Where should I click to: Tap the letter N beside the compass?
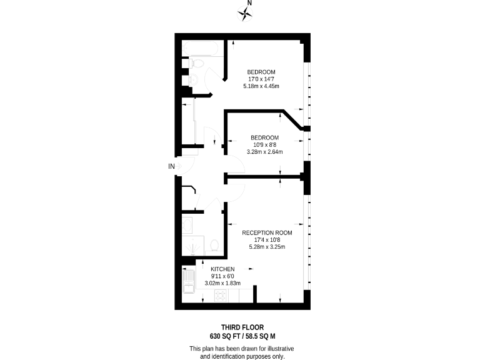(x=250, y=3)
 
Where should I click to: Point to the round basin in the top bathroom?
(x=193, y=79)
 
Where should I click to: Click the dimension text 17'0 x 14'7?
(x=261, y=79)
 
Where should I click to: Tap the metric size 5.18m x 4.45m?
(x=261, y=86)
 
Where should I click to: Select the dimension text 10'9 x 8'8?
(x=264, y=144)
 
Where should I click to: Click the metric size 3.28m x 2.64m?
(x=264, y=152)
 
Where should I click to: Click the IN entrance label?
(x=171, y=166)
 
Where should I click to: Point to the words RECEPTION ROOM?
(x=267, y=232)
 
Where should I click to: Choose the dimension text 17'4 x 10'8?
(x=267, y=239)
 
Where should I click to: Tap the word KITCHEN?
(x=222, y=269)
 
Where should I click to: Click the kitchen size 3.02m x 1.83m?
(x=222, y=283)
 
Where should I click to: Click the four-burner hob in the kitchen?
(x=222, y=296)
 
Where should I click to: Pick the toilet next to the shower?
(x=212, y=245)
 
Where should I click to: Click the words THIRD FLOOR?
(x=242, y=327)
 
